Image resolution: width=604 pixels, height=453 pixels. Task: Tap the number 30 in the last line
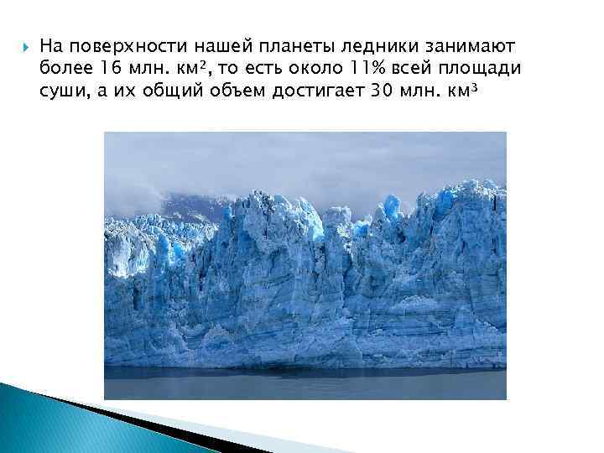380,90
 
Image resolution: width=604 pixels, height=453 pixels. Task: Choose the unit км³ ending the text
466,90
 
